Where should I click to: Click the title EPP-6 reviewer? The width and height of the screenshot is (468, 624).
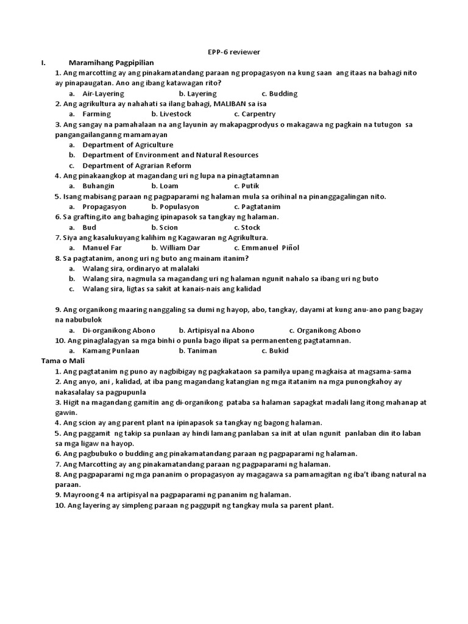point(235,52)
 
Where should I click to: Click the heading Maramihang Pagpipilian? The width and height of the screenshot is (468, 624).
point(112,62)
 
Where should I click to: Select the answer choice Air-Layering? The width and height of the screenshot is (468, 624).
point(103,94)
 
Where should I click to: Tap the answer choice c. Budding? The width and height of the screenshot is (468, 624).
point(280,94)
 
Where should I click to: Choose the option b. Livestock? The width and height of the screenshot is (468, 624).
point(171,114)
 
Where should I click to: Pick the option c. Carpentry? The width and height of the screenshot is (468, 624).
point(255,114)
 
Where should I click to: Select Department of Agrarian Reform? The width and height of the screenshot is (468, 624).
point(136,165)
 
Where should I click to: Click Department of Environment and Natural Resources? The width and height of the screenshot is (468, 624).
point(171,155)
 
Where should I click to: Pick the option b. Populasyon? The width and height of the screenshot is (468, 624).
point(177,207)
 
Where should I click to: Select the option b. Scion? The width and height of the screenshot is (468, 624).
point(165,227)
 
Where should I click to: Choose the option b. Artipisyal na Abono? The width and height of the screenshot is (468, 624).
point(216,330)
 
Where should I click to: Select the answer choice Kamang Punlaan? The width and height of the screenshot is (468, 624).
point(111,350)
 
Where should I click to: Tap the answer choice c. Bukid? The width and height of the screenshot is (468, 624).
point(275,350)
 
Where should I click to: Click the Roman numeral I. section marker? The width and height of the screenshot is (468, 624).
point(43,62)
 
